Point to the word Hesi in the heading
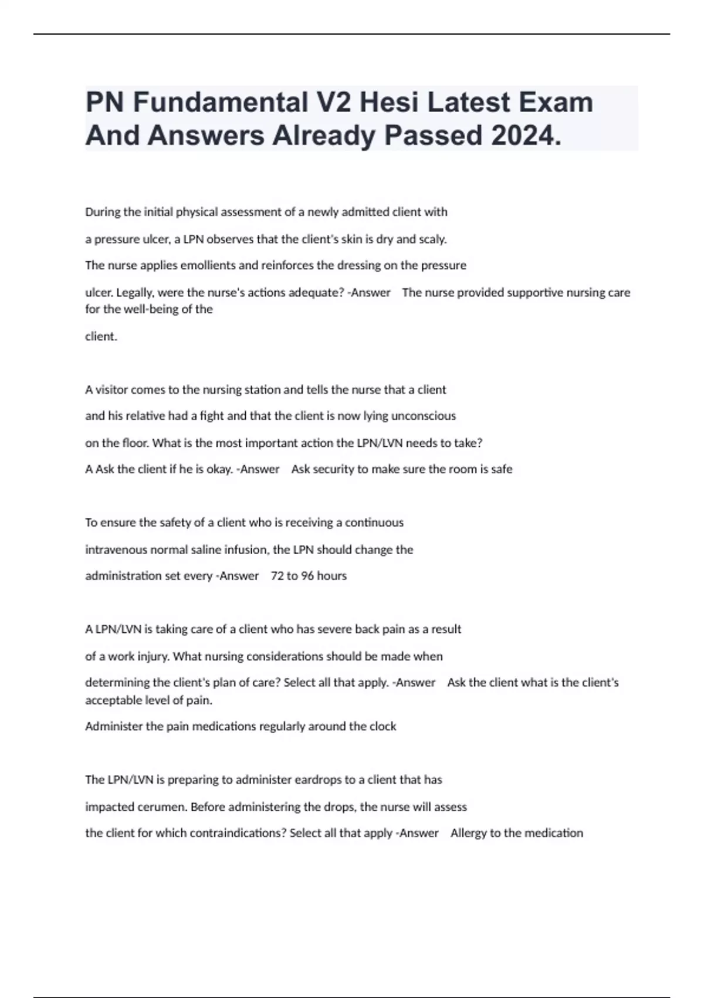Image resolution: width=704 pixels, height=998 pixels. click(x=389, y=103)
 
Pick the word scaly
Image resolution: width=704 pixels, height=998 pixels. click(x=433, y=240)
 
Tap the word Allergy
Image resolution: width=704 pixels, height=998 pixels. click(x=469, y=833)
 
